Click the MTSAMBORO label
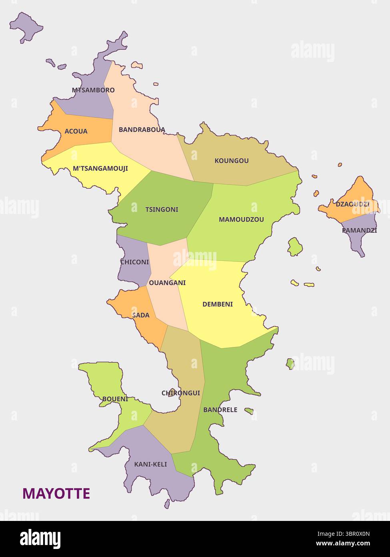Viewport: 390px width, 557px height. point(93,90)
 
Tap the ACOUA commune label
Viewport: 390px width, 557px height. point(76,131)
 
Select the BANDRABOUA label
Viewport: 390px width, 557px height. point(142,130)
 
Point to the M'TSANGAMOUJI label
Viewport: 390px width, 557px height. point(100,169)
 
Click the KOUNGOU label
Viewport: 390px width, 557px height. point(232,161)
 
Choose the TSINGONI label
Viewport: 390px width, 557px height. point(162,210)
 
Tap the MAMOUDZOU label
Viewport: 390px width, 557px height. point(241,220)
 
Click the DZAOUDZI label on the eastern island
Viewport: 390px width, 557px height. point(352,204)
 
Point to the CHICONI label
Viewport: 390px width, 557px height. point(134,262)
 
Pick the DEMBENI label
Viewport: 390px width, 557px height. point(218,305)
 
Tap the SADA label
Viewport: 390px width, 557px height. point(141,315)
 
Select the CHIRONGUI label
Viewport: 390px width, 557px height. point(181,393)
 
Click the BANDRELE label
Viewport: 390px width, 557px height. point(220,410)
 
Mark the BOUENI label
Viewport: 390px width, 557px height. point(115,399)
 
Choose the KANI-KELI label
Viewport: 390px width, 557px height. point(150,464)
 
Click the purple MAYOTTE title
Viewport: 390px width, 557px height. point(56,494)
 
